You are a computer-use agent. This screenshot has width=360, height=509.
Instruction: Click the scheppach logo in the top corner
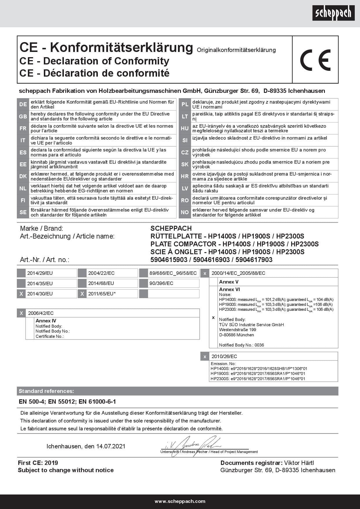333,13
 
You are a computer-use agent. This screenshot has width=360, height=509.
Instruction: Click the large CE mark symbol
315,60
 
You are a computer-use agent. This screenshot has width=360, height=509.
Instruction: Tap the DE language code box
23,104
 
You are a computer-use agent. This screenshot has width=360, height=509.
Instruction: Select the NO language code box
185,212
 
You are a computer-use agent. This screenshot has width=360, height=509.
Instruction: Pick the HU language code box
185,128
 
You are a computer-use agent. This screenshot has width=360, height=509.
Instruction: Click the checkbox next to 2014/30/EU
21,294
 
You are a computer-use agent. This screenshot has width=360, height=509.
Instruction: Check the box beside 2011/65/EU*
82,294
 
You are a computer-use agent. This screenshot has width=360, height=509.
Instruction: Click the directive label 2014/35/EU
40,283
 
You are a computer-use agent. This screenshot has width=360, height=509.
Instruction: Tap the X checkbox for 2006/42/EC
21,313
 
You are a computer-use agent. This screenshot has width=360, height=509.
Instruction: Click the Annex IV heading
46,321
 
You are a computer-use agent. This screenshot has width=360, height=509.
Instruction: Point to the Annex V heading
229,282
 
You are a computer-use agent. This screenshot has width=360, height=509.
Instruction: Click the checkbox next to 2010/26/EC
205,356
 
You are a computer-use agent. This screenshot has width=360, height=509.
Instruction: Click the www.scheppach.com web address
180,501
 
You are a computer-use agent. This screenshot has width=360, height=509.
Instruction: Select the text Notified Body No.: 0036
242,345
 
